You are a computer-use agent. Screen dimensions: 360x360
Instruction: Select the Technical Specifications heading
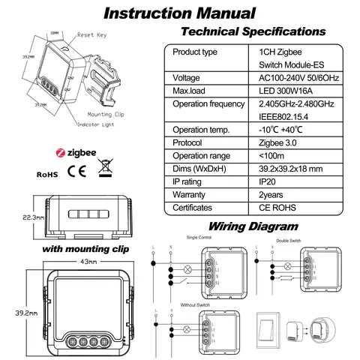[254, 31]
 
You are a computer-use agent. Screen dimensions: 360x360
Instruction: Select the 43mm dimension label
[68, 261]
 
